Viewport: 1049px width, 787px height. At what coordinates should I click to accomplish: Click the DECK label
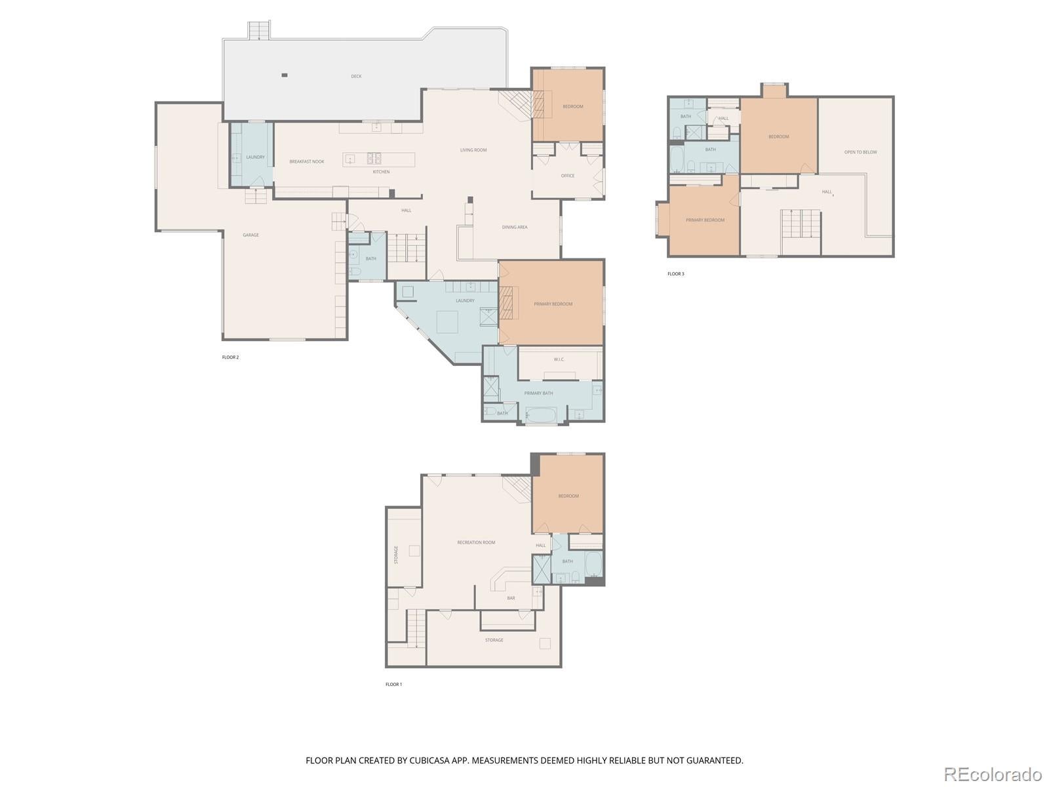click(x=356, y=76)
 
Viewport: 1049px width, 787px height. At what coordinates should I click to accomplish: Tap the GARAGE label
click(x=250, y=235)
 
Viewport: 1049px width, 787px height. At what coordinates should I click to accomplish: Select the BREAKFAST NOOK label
click(x=307, y=161)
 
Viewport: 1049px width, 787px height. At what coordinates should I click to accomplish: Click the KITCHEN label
click(x=381, y=172)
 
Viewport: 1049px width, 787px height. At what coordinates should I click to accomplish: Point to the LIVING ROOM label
click(x=473, y=150)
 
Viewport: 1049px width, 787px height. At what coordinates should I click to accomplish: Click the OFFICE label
click(x=568, y=176)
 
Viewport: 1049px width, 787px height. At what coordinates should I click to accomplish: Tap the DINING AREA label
click(x=515, y=228)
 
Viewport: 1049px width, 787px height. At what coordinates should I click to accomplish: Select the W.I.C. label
click(x=559, y=359)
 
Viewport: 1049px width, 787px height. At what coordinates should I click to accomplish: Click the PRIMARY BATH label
click(x=538, y=393)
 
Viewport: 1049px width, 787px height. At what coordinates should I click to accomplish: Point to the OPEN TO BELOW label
click(x=860, y=152)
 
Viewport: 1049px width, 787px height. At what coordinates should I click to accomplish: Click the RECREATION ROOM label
click(x=476, y=542)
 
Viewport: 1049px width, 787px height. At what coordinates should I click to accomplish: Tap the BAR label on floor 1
click(x=511, y=598)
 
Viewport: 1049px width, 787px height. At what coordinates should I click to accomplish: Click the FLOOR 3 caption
click(x=675, y=273)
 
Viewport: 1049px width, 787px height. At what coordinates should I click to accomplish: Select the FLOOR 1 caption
click(x=393, y=684)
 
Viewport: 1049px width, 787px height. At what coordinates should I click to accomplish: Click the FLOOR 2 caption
click(x=230, y=357)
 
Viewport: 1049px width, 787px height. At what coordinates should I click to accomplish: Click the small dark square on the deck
click(x=284, y=75)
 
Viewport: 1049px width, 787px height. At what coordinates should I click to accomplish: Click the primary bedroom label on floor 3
click(x=705, y=220)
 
